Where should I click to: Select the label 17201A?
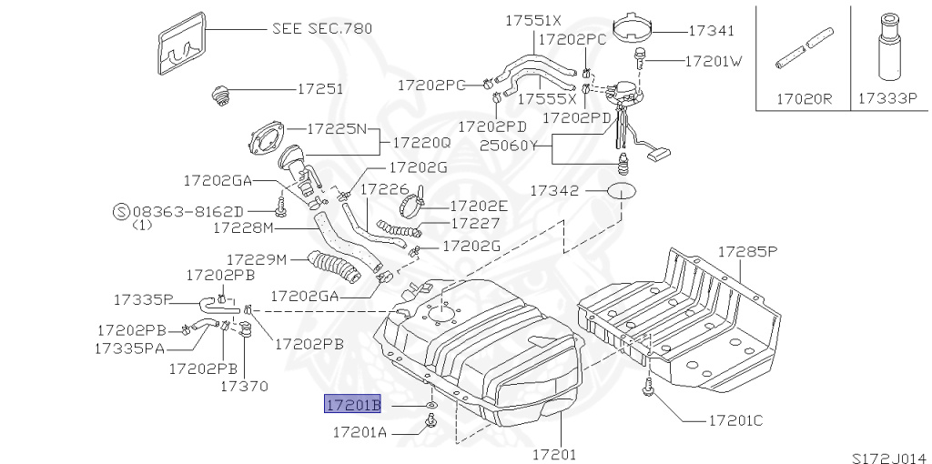click(360, 432)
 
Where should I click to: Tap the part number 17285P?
click(747, 250)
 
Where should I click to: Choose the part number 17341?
click(711, 31)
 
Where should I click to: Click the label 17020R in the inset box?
click(804, 97)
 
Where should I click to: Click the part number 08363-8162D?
click(194, 210)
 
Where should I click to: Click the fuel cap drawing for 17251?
click(219, 94)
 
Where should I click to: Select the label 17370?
click(244, 386)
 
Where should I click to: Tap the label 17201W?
click(714, 62)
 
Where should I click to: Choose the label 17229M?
click(257, 259)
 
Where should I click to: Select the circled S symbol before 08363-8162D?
click(120, 210)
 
